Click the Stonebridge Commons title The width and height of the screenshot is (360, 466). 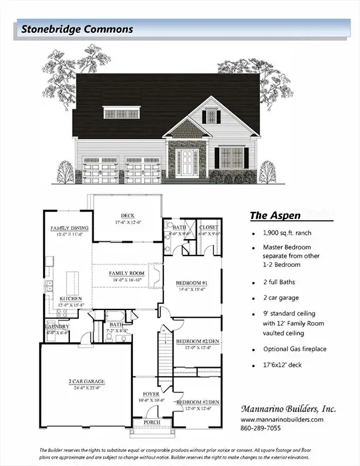tap(77, 29)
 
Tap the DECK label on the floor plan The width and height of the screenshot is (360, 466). tap(127, 215)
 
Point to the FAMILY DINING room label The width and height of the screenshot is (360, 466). tap(69, 228)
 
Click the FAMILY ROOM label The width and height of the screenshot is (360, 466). tap(126, 274)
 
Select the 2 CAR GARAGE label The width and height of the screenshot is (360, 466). tap(86, 382)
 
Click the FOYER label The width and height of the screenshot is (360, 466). tap(150, 394)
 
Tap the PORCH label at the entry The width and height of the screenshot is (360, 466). tap(150, 422)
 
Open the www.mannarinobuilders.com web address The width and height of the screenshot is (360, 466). tap(282, 419)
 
